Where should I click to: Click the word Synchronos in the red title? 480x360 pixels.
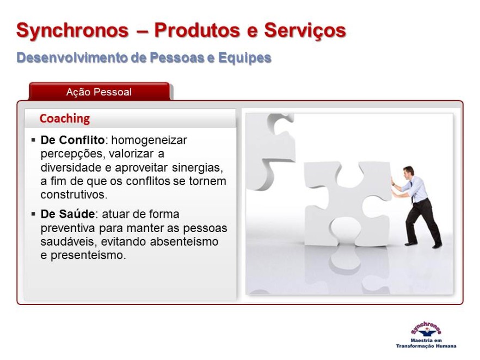72,30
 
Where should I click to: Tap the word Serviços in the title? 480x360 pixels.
305,30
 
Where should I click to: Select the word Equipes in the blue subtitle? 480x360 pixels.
244,58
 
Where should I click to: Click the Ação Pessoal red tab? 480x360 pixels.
99,91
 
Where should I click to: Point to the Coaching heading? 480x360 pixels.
65,119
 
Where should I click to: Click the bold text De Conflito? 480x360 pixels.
72,140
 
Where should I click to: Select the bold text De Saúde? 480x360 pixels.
67,213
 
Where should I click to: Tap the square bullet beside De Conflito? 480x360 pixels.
33,141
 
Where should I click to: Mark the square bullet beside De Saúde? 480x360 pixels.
33,214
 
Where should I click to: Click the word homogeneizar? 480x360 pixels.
149,141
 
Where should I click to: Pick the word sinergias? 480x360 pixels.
198,168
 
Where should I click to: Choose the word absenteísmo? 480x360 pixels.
184,241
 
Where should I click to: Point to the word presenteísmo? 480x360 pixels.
88,255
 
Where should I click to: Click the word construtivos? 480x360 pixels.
74,194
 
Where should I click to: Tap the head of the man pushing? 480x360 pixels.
408,172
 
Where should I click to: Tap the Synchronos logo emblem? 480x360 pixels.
426,330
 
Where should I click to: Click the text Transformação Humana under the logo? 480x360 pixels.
426,346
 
